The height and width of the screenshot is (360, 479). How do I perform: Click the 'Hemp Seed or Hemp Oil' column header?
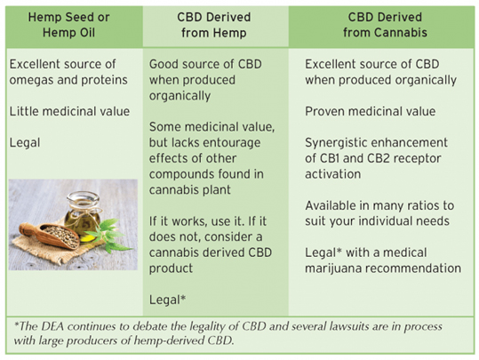[x=68, y=25]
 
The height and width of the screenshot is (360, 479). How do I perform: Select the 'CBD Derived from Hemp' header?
[x=214, y=25]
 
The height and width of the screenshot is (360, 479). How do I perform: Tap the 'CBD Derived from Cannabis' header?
[x=385, y=25]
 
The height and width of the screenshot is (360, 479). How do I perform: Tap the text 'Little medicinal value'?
[x=69, y=111]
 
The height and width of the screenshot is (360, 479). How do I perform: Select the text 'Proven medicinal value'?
[x=371, y=111]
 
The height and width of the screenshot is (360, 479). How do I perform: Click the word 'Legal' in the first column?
[x=25, y=143]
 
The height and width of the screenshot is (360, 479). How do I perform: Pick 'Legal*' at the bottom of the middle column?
[x=167, y=300]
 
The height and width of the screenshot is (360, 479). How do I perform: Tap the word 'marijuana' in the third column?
[x=332, y=268]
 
